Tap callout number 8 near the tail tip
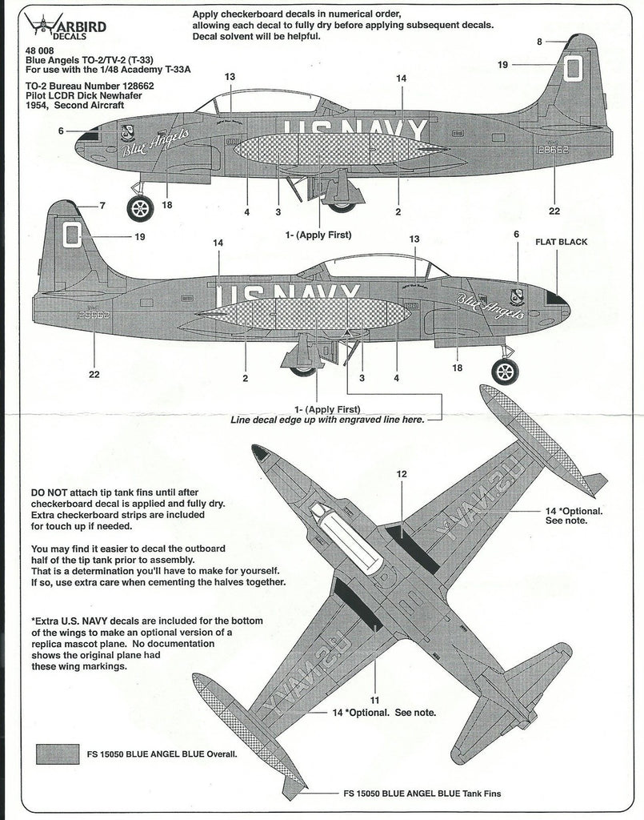tap(539, 42)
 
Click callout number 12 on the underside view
tap(402, 474)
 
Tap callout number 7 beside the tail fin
tap(102, 207)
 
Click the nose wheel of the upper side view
tap(141, 208)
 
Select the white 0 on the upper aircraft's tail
tap(571, 67)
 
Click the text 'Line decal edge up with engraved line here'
tap(326, 420)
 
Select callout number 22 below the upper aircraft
tap(554, 211)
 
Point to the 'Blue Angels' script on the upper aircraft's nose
tap(154, 143)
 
